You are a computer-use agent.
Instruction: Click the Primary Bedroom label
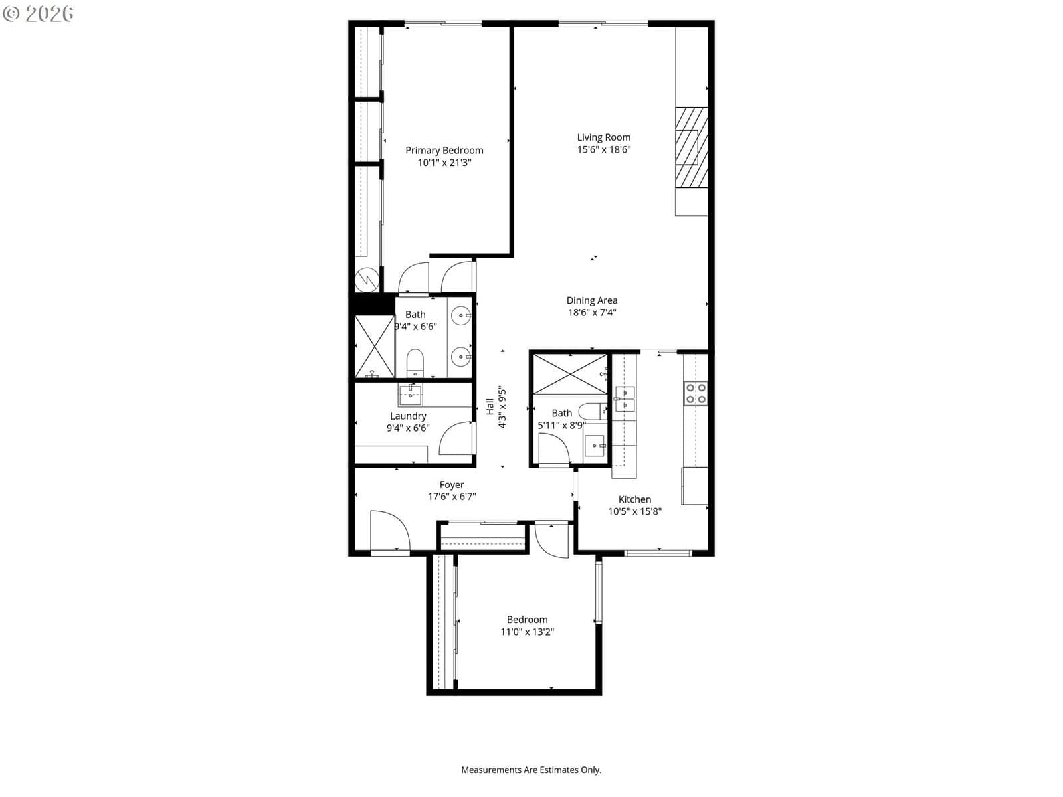tap(444, 151)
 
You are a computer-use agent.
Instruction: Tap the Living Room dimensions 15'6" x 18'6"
tap(603, 149)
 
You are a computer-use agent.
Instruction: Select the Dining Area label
tap(592, 300)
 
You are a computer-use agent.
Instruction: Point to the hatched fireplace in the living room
tap(692, 147)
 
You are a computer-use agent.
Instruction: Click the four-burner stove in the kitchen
tap(696, 393)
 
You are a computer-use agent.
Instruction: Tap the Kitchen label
tap(634, 499)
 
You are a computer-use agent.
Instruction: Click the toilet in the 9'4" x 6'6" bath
tap(415, 363)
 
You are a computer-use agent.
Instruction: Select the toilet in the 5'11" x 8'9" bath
tap(593, 411)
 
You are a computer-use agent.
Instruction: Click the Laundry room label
tap(408, 416)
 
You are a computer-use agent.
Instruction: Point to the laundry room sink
tap(410, 395)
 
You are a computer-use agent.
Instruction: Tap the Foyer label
tap(452, 484)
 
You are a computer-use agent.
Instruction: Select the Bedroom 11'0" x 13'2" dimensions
tap(527, 632)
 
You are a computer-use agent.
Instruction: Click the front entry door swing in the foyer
tap(390, 531)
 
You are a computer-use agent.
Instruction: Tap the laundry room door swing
tap(456, 438)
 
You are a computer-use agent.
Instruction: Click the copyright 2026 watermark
tap(38, 13)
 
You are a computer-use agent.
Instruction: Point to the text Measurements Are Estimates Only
tap(531, 770)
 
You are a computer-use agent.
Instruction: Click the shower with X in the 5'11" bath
tap(570, 375)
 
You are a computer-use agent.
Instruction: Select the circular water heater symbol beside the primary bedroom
tap(367, 280)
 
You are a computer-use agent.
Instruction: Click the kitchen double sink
tap(625, 398)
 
